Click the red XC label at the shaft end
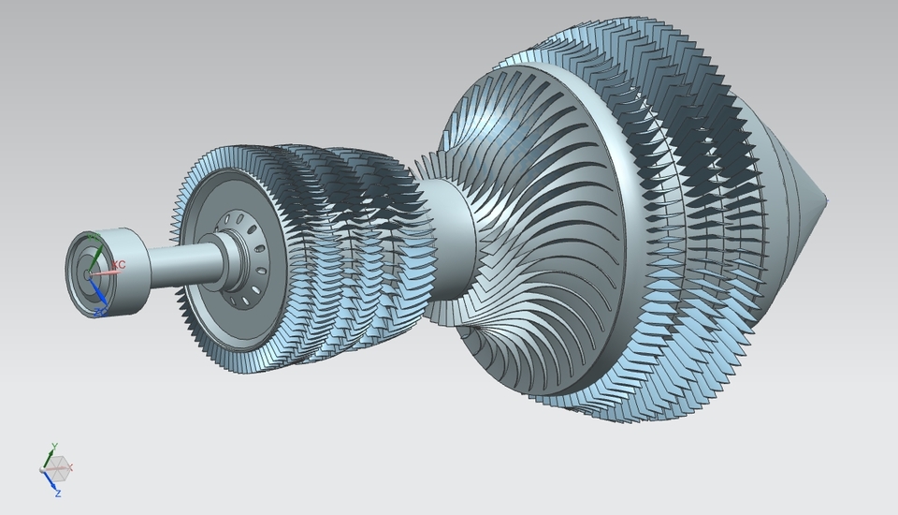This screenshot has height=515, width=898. pos(119,265)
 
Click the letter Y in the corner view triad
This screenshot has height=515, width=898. pos(54,446)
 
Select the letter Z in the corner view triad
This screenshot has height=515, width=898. pos(57,493)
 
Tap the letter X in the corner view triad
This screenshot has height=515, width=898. pos(71,466)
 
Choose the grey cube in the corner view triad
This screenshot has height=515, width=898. pos(57,464)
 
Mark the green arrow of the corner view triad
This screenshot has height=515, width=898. pos(51,456)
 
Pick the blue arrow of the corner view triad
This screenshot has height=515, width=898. pos(49,480)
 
